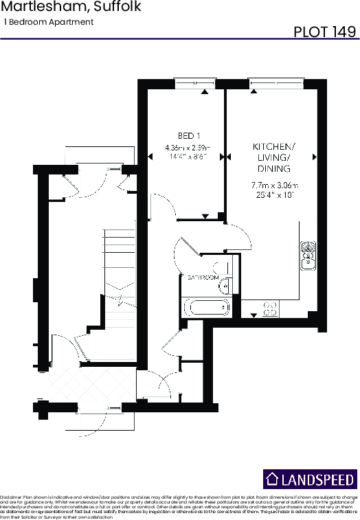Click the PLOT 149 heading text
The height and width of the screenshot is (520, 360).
[324, 32]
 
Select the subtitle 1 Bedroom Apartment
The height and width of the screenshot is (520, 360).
[49, 22]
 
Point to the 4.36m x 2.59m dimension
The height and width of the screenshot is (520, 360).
[187, 148]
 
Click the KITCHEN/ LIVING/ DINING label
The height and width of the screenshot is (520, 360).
[274, 158]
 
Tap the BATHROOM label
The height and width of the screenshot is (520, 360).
[203, 277]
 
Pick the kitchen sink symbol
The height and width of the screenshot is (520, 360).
[308, 254]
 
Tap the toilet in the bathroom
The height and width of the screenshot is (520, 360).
[222, 269]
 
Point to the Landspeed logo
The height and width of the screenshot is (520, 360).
[310, 479]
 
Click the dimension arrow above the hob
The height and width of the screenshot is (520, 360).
[254, 315]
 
